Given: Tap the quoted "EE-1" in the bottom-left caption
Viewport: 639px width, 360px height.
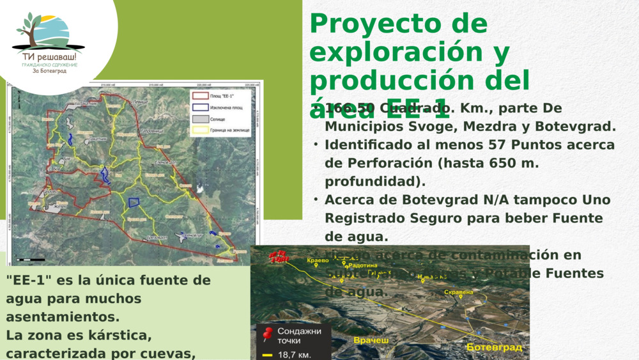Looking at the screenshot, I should coord(29,281).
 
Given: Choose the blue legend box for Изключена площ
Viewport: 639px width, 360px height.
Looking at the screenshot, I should coord(200,107).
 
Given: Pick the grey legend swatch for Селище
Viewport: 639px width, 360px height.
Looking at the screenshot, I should coord(200,119).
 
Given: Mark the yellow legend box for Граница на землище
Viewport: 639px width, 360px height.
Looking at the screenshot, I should coord(200,130).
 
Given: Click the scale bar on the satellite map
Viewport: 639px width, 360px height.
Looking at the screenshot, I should coord(31,260).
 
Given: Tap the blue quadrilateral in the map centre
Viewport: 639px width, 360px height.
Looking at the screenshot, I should coord(134,203).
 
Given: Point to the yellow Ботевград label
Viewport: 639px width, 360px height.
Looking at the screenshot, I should coord(494,347).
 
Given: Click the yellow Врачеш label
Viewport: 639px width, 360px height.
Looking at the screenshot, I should coord(371,341).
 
